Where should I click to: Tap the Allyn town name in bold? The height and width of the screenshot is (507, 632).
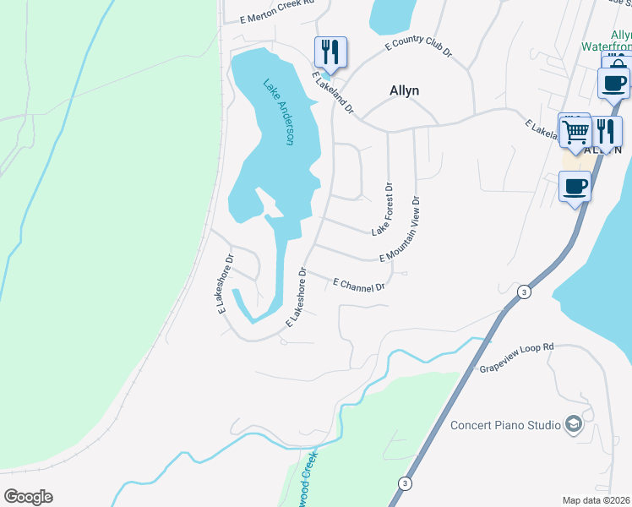pos(404,90)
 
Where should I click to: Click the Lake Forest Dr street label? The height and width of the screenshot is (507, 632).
pos(381,210)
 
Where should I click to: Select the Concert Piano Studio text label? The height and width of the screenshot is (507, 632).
pos(504,424)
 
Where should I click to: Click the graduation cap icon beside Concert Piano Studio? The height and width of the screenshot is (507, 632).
pos(574,423)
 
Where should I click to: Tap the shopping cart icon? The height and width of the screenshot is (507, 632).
pos(575,132)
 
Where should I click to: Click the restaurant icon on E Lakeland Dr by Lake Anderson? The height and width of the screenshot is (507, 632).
pos(330,52)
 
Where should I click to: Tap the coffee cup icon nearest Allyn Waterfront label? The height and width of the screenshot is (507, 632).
pos(613,83)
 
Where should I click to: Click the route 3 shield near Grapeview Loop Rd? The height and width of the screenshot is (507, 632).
pos(525,292)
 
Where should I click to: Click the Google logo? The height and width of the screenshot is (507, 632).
pos(28,497)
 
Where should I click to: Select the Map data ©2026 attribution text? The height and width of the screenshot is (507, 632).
pos(597,500)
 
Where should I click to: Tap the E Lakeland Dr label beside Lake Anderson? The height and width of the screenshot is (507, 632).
pos(333,93)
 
